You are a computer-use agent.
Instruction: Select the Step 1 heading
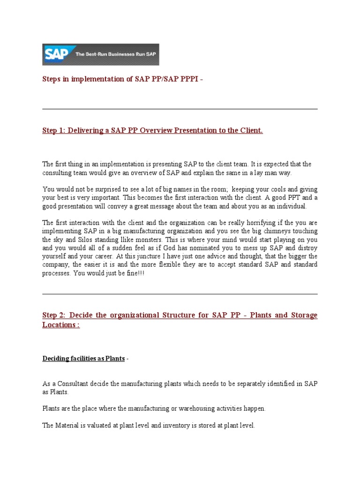click(152, 130)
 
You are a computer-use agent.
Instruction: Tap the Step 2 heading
click(180, 315)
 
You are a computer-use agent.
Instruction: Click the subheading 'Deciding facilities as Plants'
click(83, 359)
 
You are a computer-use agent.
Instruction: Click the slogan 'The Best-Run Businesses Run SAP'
click(116, 54)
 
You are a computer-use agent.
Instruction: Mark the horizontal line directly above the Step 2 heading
click(180, 294)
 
